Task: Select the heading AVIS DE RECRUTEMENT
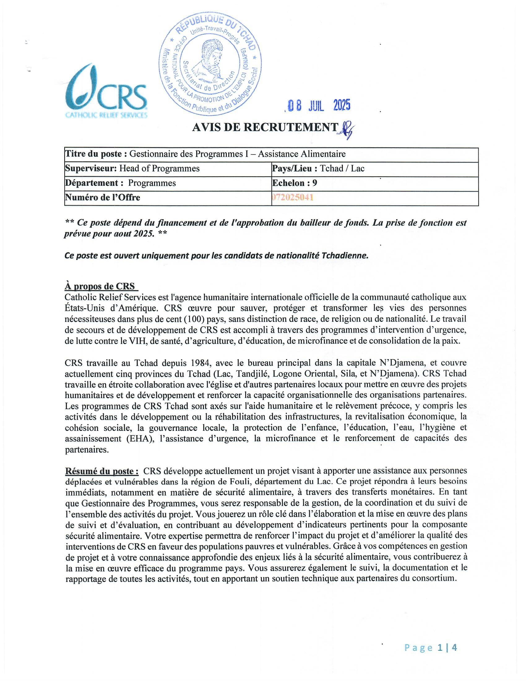(265, 127)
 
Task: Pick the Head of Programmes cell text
(160, 168)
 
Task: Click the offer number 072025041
(293, 197)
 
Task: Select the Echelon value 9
(315, 183)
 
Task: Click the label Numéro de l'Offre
(102, 197)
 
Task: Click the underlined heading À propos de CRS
(100, 286)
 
